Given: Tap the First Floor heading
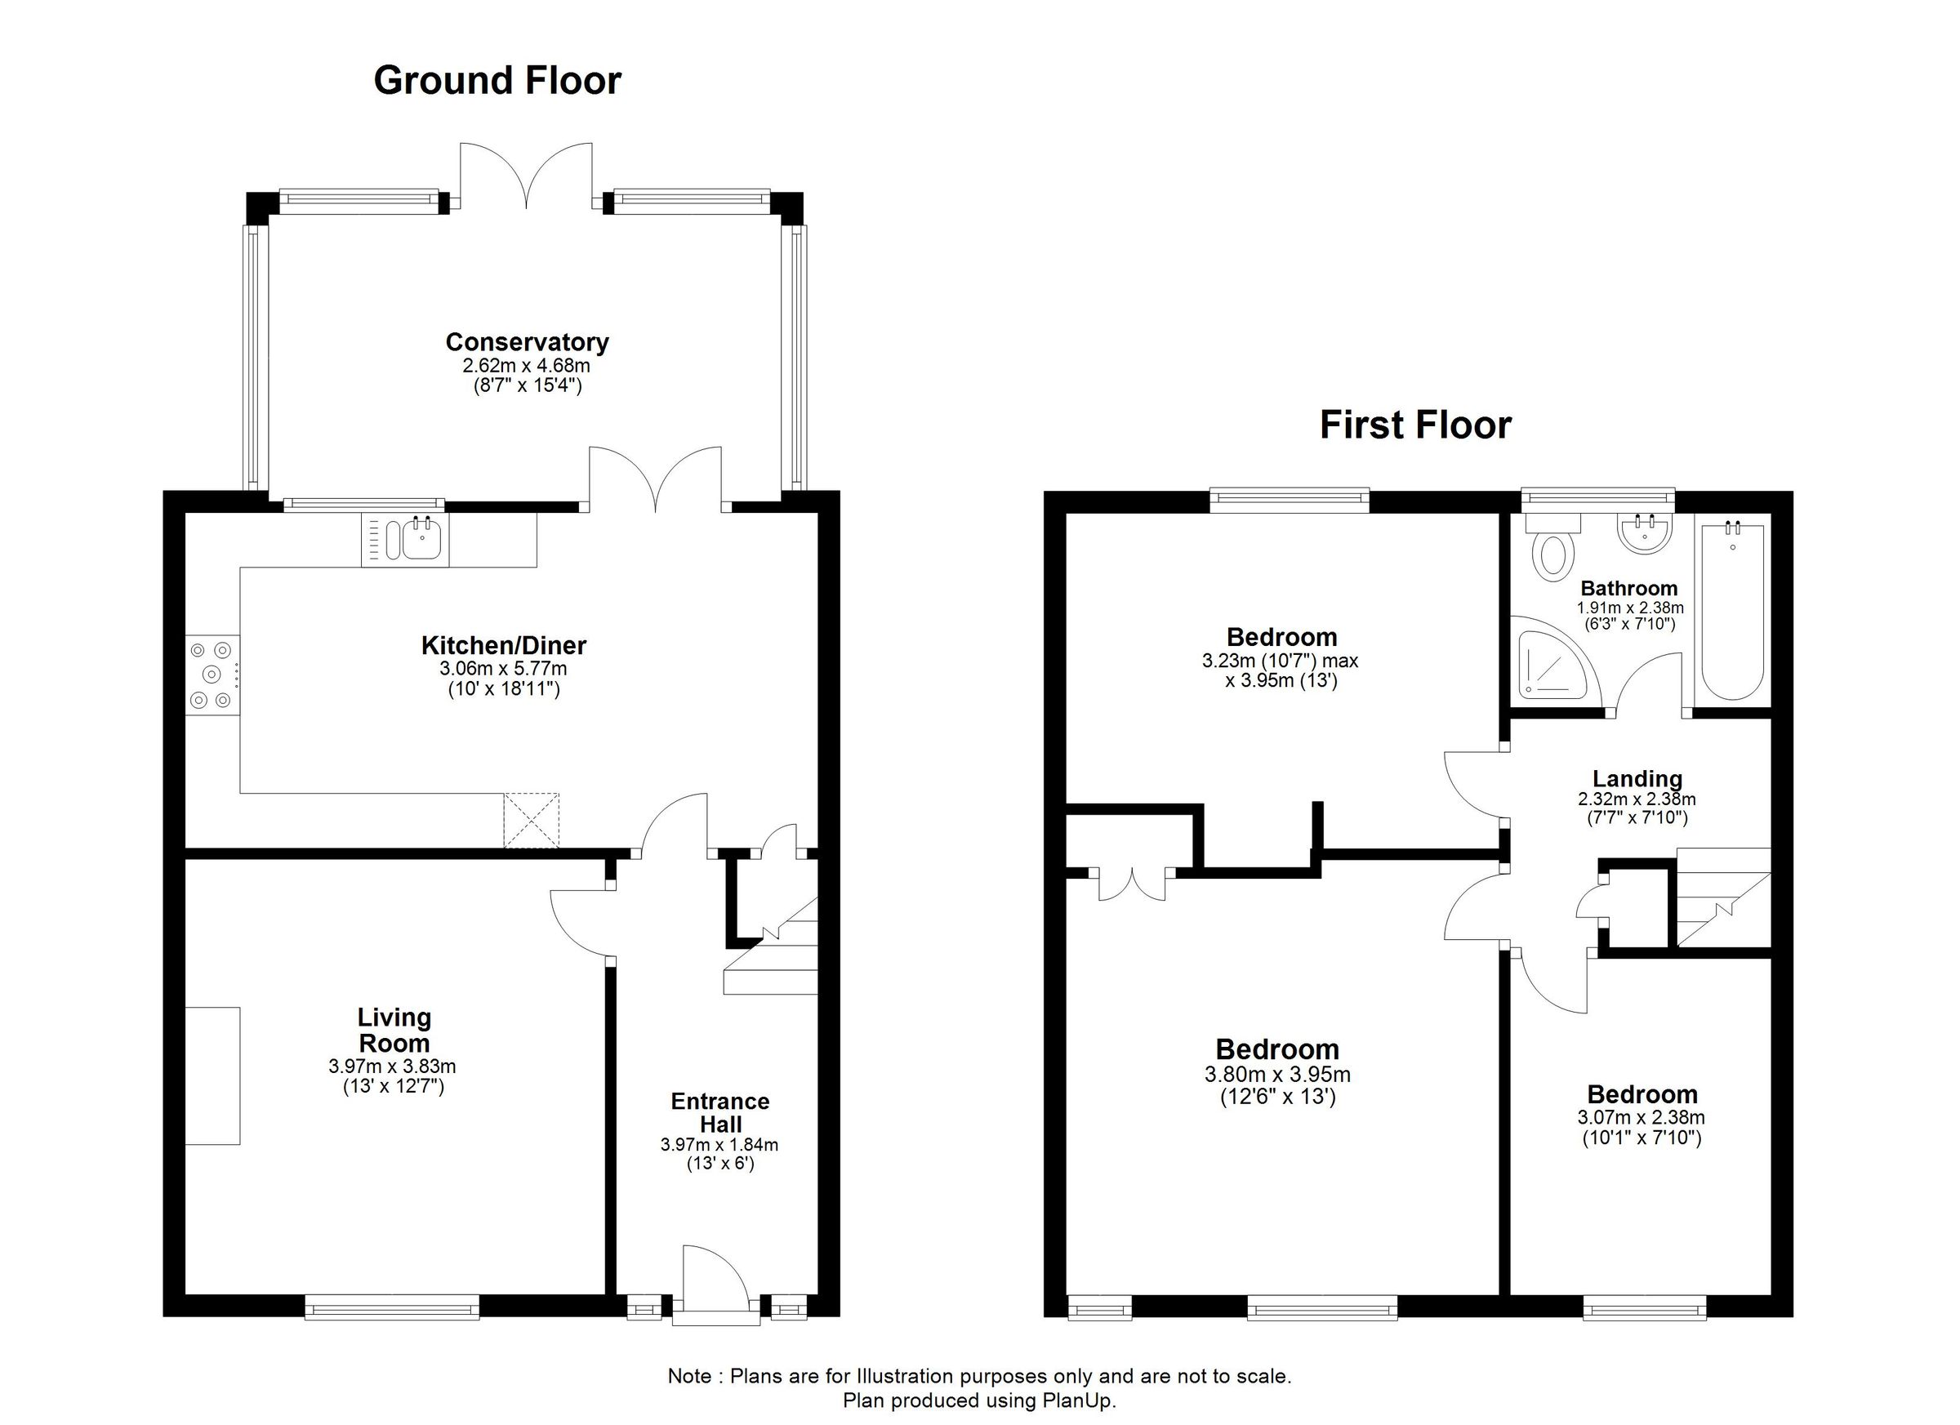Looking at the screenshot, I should coord(1415,425).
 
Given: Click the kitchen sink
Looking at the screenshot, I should coord(420,540).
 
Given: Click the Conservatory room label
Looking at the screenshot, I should coord(528,342).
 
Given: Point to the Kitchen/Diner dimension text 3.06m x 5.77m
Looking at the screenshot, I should coord(503,668).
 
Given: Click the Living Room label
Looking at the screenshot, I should coord(394,1029).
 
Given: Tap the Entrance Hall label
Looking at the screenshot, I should coord(719,1112).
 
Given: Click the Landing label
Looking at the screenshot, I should coord(1637,778).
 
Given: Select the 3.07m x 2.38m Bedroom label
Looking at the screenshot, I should coord(1642,1095).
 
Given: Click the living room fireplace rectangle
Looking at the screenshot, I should coord(212,1075).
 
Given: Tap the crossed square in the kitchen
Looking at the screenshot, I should coord(532,820).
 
